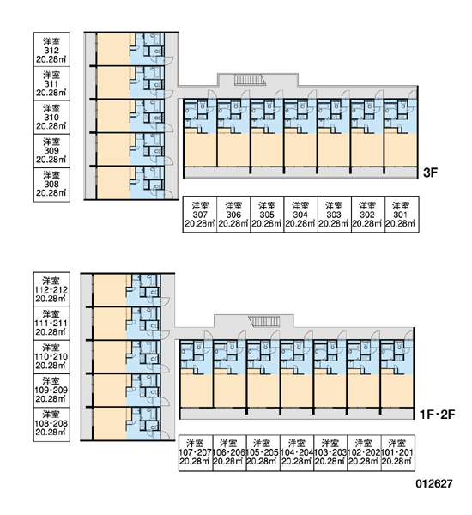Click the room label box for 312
click(51, 50)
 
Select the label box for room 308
click(51, 185)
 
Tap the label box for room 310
click(51, 117)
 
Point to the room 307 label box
click(200, 214)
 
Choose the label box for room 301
click(402, 214)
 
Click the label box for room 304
click(300, 214)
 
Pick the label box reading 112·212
click(51, 289)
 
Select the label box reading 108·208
click(51, 424)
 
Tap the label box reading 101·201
click(398, 453)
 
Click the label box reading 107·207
click(196, 453)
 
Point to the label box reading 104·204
click(297, 453)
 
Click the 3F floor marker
click(430, 173)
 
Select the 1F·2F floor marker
click(437, 415)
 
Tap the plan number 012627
click(434, 483)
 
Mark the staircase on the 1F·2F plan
click(264, 321)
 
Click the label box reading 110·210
click(51, 357)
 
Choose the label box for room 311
click(51, 83)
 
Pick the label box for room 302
click(368, 214)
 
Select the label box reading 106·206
click(229, 453)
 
